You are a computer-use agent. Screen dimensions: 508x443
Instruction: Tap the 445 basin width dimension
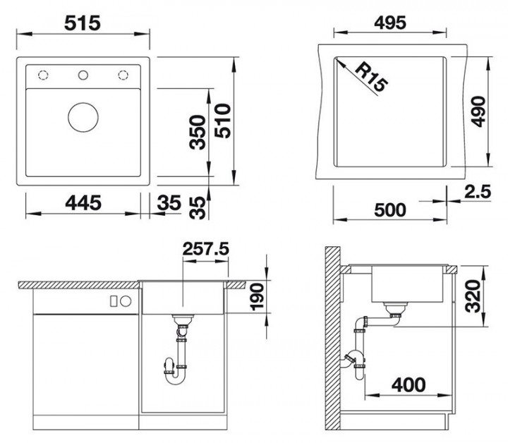[81, 203]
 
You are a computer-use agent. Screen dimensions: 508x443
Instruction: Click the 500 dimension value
[389, 210]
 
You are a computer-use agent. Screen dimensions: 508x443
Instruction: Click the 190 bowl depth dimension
[256, 298]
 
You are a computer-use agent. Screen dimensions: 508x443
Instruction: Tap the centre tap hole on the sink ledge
[83, 75]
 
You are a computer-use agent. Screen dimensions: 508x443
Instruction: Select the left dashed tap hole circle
[42, 75]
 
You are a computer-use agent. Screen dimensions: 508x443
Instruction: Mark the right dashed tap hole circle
[123, 75]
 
